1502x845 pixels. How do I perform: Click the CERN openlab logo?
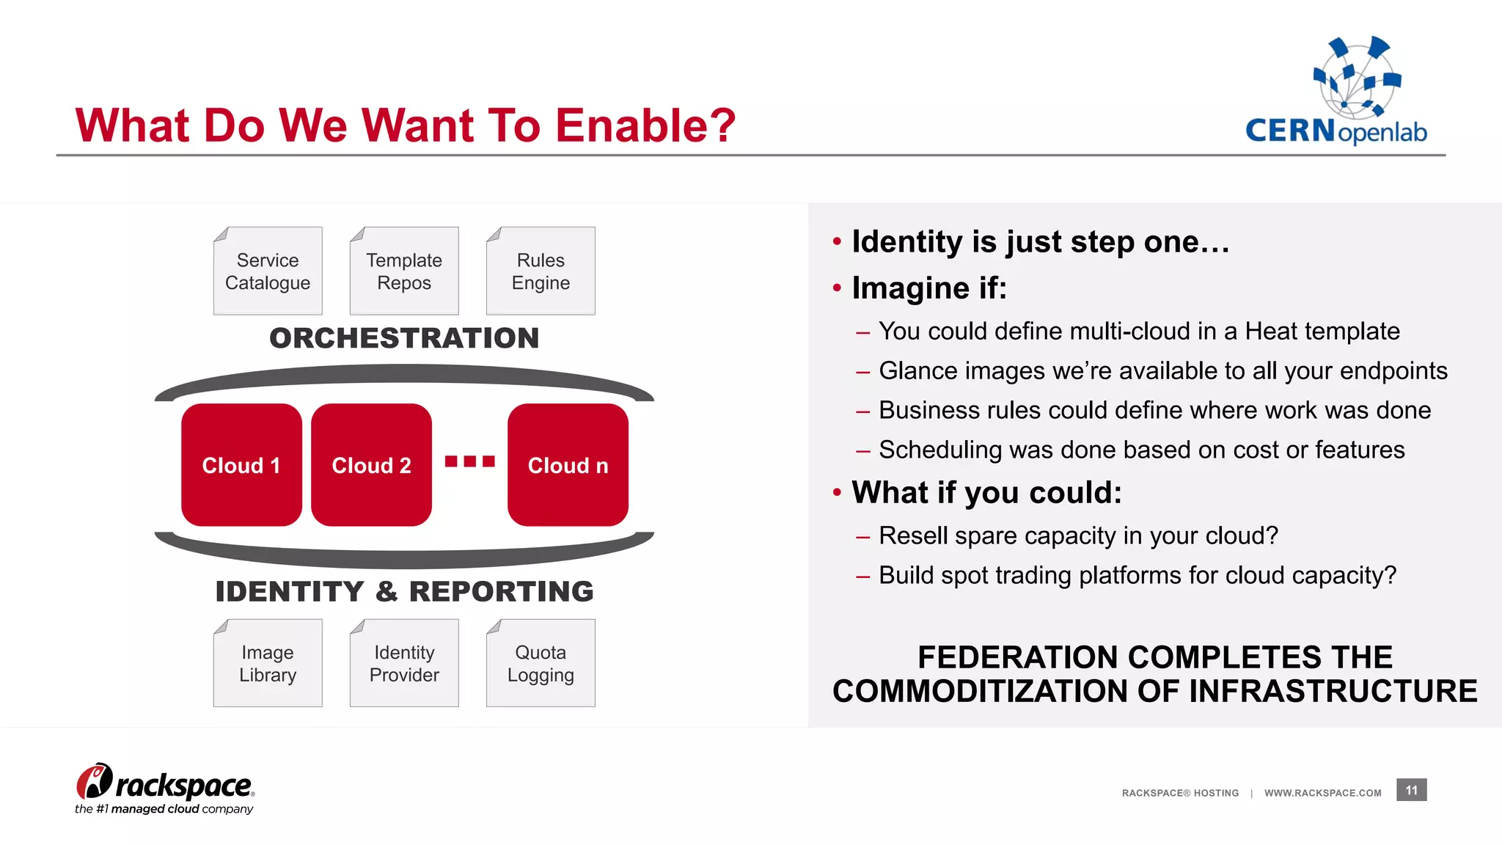coord(1337,92)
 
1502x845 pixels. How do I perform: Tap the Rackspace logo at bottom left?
coord(165,789)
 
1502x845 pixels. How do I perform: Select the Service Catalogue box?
coord(268,271)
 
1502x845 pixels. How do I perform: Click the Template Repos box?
coord(404,271)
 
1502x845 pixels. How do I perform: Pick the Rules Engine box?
coord(541,271)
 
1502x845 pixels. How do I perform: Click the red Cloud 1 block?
coord(241,465)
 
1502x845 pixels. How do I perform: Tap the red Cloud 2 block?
coord(371,465)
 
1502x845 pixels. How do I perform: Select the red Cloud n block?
coord(568,465)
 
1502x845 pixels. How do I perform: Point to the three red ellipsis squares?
coord(470,461)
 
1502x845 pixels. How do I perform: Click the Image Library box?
coord(268,663)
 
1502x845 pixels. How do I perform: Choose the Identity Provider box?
coord(404,663)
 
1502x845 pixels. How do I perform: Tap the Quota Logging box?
coord(541,663)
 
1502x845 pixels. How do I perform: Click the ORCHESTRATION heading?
coord(404,338)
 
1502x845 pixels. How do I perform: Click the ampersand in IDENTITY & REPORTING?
coord(387,591)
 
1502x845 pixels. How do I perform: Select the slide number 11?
coord(1411,790)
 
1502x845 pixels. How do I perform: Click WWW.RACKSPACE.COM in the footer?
coord(1322,793)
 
